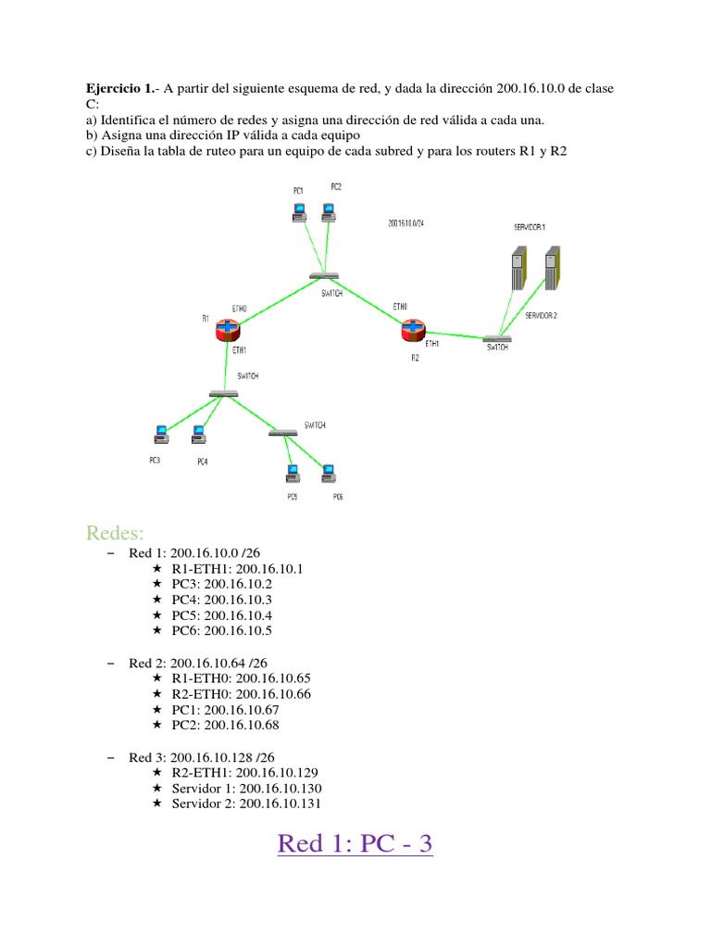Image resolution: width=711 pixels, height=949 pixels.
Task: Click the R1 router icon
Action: pos(227,330)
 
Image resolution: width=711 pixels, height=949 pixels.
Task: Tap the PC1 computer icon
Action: pos(298,212)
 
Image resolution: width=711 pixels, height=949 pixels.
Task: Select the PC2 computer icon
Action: pos(328,211)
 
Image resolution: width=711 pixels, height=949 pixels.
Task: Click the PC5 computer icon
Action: pos(292,474)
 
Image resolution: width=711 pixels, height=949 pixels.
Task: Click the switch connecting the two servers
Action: pos(497,339)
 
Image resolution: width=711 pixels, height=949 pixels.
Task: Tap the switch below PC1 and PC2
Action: pos(324,276)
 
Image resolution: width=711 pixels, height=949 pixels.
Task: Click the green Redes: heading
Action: pos(116,532)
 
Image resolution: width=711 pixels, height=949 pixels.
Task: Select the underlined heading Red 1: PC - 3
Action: pos(355,844)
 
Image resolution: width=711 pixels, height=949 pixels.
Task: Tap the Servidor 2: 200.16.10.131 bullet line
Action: pos(247,803)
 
